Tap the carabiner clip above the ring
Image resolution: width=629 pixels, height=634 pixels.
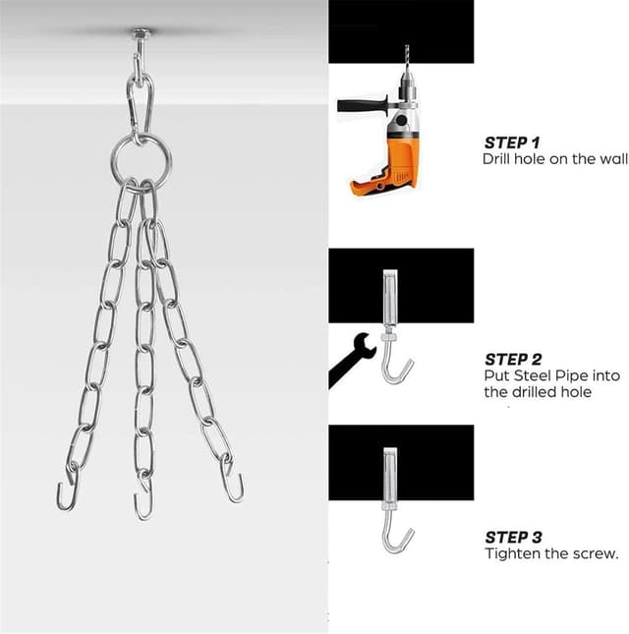pos(140,100)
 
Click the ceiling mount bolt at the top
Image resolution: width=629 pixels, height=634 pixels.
pos(142,37)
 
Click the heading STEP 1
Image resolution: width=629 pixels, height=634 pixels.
pos(512,143)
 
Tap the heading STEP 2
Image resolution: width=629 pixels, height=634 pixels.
pos(512,360)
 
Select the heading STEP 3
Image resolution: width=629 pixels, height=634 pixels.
pos(512,537)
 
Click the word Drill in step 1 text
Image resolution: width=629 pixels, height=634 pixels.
pos(497,158)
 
